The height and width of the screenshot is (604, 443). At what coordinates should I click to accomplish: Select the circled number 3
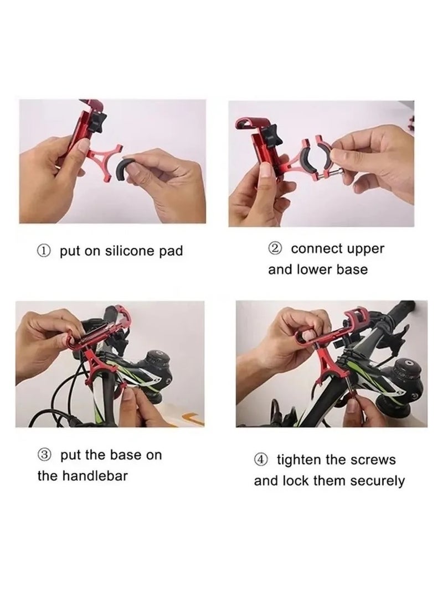pyautogui.click(x=46, y=455)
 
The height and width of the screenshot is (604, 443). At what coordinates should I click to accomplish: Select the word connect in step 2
pyautogui.click(x=315, y=249)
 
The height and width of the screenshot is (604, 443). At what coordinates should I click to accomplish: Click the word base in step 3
pyautogui.click(x=126, y=455)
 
